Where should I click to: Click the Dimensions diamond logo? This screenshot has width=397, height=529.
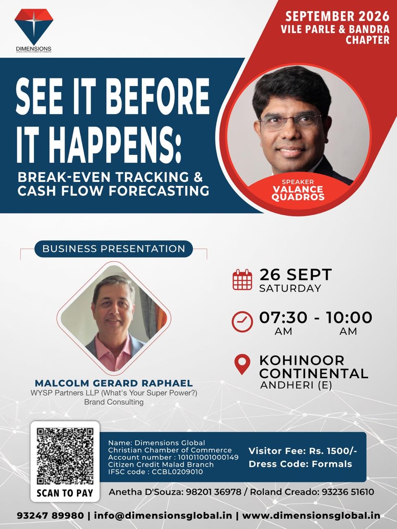pyautogui.click(x=34, y=27)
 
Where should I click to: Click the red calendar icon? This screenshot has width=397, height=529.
pyautogui.click(x=242, y=279)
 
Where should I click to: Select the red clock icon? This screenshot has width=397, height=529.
pyautogui.click(x=242, y=322)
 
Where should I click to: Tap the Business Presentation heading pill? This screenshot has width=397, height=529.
pyautogui.click(x=114, y=249)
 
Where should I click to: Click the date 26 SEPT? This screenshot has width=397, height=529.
pyautogui.click(x=296, y=274)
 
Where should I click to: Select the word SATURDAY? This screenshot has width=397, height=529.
pyautogui.click(x=290, y=288)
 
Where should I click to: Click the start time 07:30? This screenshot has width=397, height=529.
pyautogui.click(x=283, y=317)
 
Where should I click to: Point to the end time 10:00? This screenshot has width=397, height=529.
pyautogui.click(x=349, y=317)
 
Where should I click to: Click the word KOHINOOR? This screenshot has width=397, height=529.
pyautogui.click(x=302, y=360)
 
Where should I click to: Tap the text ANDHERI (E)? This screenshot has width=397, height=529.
pyautogui.click(x=296, y=385)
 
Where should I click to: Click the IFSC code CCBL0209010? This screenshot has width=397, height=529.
pyautogui.click(x=177, y=472)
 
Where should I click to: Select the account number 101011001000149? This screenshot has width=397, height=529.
pyautogui.click(x=208, y=457)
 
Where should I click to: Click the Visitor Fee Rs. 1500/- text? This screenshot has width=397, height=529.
pyautogui.click(x=303, y=451)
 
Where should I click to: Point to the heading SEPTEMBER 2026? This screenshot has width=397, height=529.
pyautogui.click(x=337, y=17)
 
